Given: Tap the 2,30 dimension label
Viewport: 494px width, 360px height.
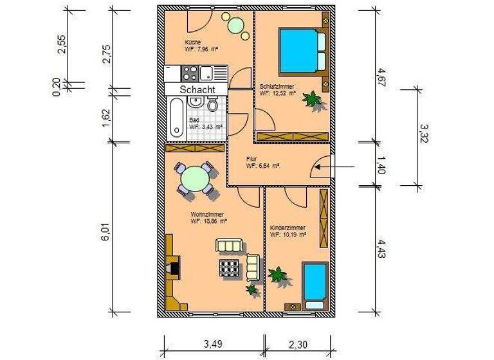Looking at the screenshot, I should [x=298, y=345].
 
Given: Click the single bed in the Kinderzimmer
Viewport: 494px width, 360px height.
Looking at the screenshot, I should [x=315, y=282].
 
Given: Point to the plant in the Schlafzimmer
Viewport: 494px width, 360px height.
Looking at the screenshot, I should [x=313, y=100].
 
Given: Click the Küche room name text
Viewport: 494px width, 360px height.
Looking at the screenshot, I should [x=192, y=42].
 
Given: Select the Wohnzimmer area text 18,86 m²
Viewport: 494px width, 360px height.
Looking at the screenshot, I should [x=208, y=221].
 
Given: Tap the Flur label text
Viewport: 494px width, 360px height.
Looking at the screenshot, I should [x=252, y=158].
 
